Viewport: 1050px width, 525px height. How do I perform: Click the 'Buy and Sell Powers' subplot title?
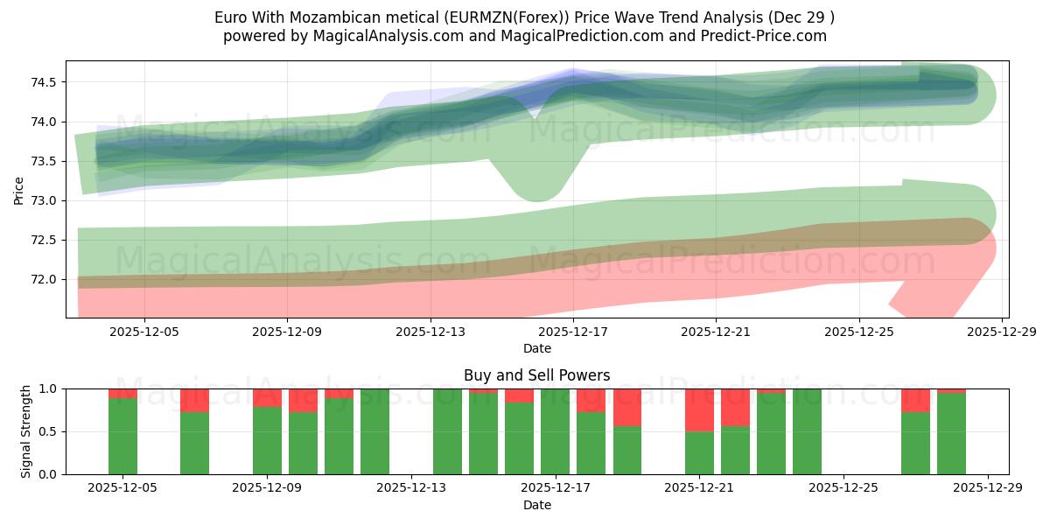(536, 375)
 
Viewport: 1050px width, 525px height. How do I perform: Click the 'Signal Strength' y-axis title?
(26, 431)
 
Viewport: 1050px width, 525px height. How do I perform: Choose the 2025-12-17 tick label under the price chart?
(573, 332)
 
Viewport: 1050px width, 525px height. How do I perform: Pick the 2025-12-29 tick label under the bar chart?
(987, 488)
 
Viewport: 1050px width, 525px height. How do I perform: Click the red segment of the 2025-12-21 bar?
(699, 409)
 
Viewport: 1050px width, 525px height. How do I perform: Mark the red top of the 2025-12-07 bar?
(194, 400)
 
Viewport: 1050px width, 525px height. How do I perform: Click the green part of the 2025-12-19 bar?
(627, 450)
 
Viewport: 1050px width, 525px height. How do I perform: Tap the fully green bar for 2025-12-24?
(807, 431)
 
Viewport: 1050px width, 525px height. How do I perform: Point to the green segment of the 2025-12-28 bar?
(951, 434)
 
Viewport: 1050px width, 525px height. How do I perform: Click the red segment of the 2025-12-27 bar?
(915, 400)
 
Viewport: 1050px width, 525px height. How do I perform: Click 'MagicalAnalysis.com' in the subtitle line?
(366, 36)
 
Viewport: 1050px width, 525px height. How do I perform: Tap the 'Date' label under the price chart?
(536, 348)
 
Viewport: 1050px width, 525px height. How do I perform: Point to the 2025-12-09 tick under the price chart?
(287, 332)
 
